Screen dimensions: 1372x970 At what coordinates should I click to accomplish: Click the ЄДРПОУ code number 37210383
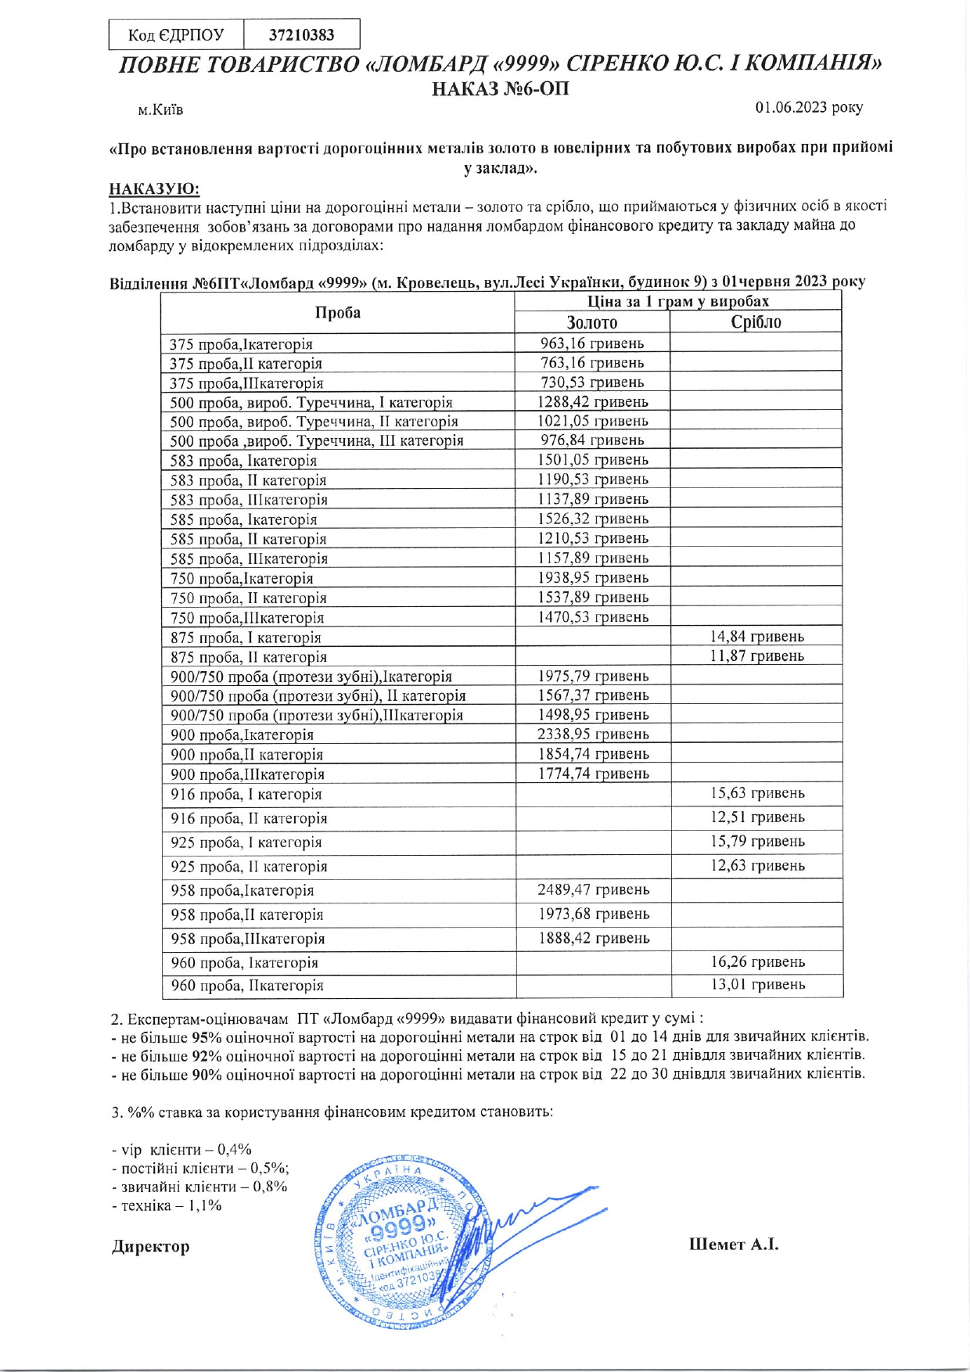[x=301, y=35]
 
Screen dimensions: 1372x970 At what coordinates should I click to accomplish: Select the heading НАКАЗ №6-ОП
[x=501, y=88]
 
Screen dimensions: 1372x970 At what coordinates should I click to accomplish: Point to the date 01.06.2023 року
[x=808, y=107]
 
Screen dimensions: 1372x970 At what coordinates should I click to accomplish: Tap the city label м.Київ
[x=160, y=110]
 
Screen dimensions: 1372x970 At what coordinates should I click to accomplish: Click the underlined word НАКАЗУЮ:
[x=154, y=189]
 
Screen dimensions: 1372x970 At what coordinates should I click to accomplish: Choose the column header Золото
[x=592, y=322]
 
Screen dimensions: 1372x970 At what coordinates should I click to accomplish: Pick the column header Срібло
[x=756, y=322]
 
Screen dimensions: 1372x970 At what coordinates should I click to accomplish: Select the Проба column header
[x=337, y=313]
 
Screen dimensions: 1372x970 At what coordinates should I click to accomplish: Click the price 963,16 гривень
[x=592, y=343]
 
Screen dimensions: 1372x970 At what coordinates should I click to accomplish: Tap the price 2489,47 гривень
[x=593, y=889]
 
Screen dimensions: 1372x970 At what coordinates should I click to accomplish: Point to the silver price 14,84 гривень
[x=756, y=637]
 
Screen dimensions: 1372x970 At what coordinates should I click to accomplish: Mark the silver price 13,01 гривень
[x=757, y=985]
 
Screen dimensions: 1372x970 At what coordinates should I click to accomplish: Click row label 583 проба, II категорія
[x=248, y=480]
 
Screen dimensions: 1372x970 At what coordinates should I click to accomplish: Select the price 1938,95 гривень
[x=593, y=578]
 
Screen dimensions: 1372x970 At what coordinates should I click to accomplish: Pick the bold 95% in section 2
[x=207, y=1037]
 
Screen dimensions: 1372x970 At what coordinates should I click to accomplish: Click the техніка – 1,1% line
[x=167, y=1205]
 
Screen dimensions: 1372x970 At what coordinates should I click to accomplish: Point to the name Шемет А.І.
[x=733, y=1244]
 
